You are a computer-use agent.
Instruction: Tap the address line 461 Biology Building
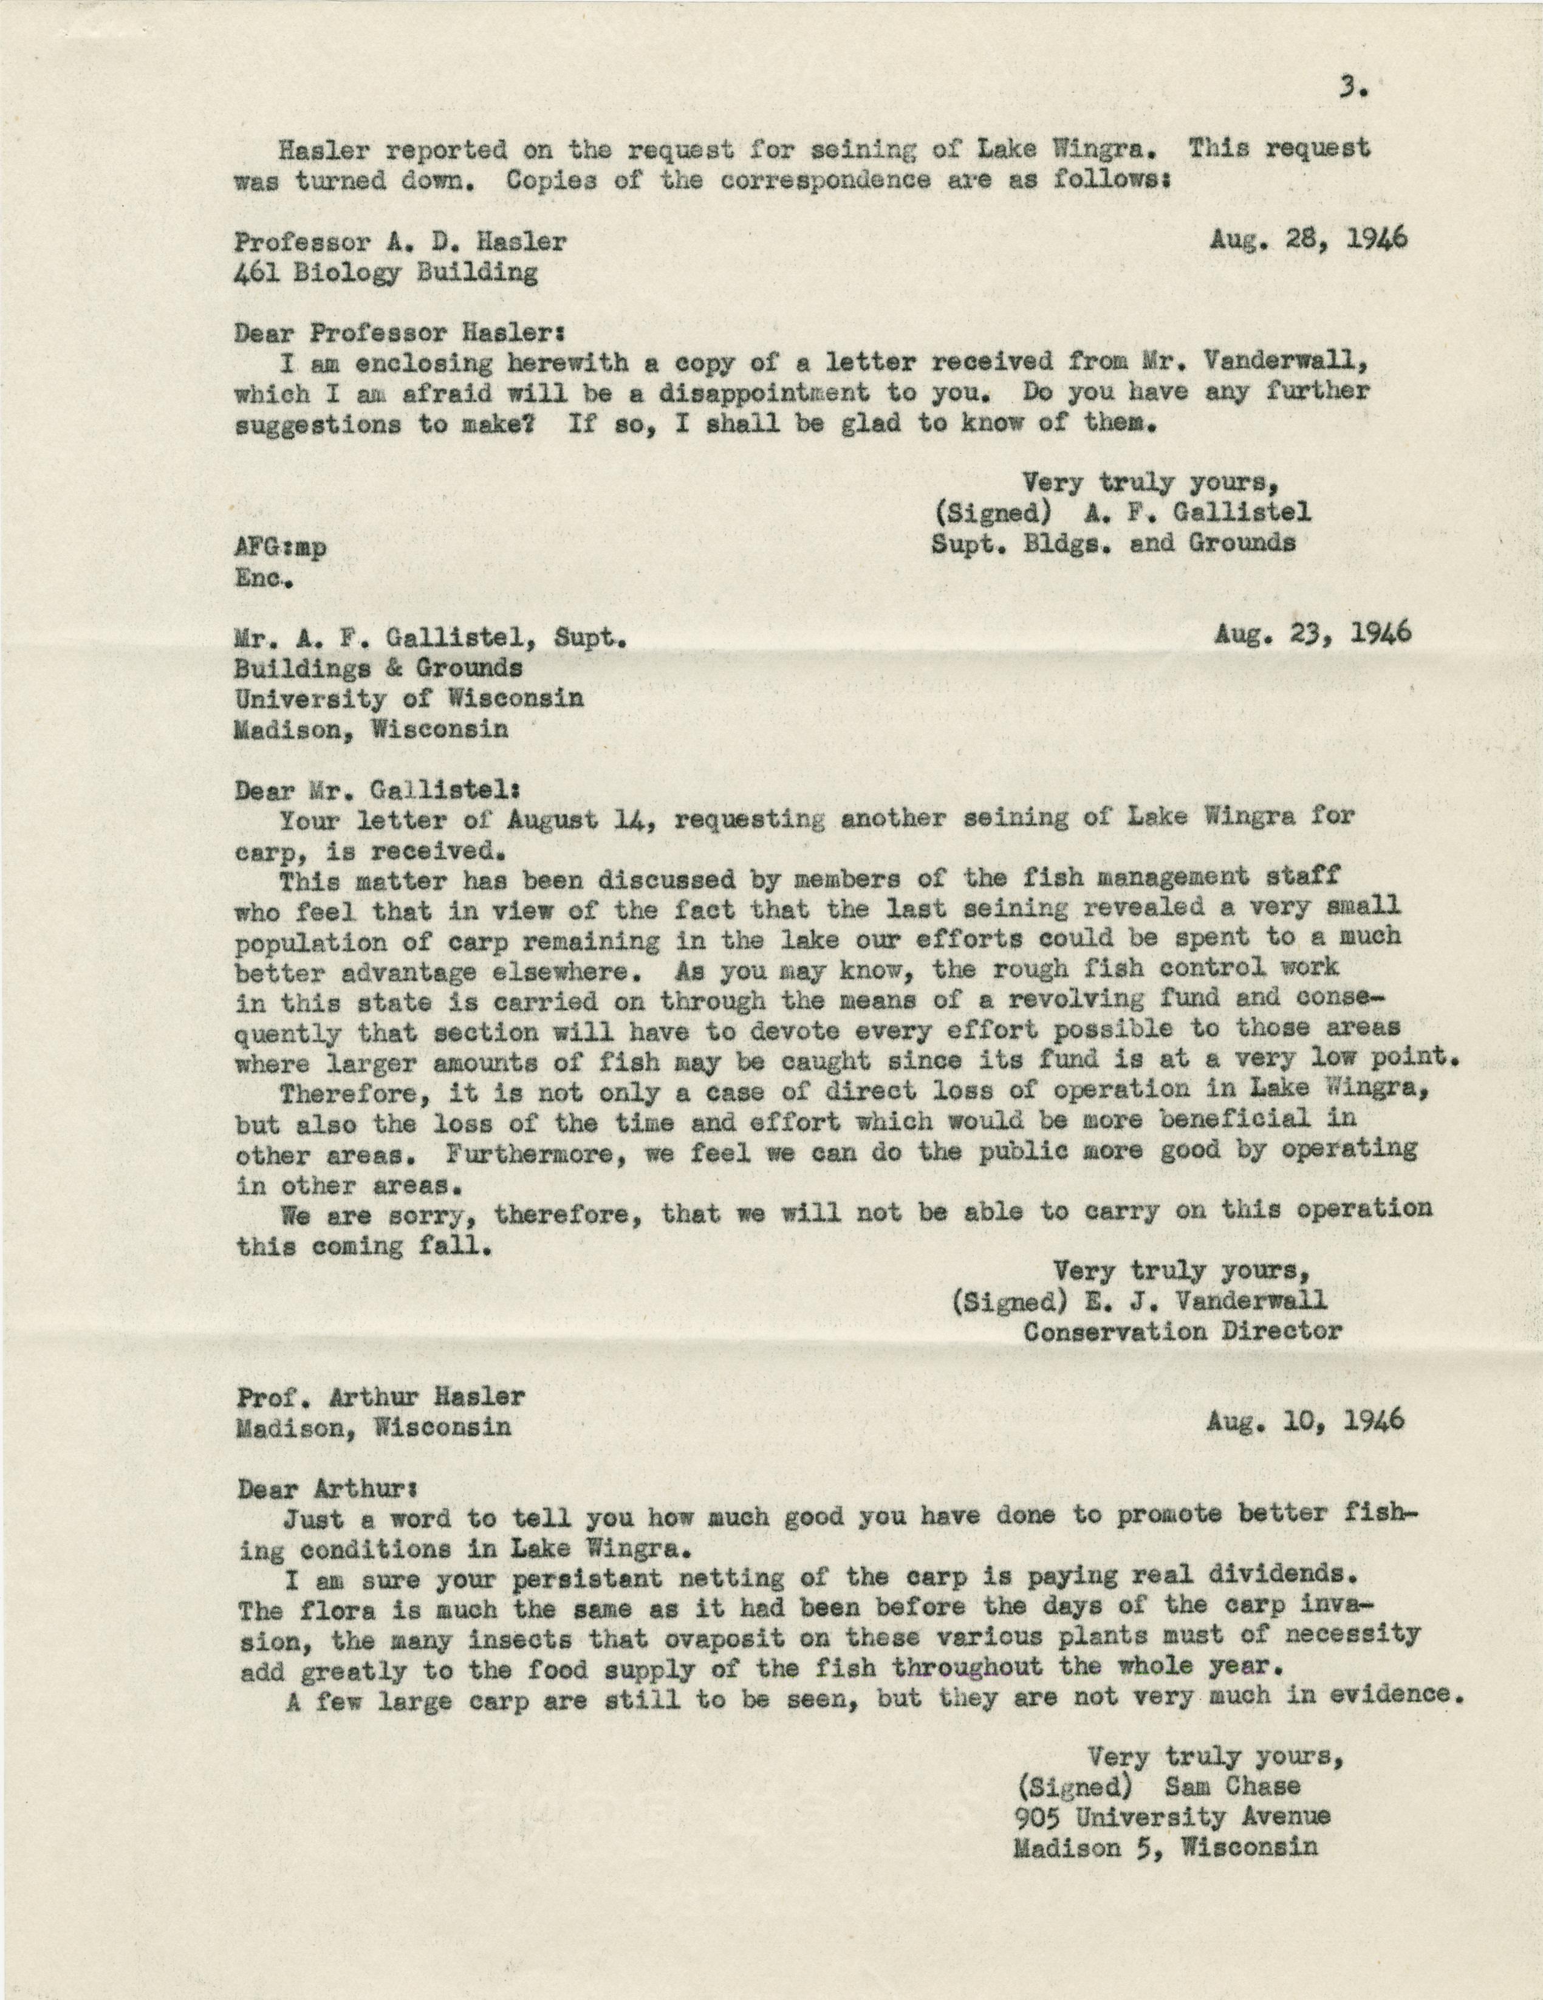386,272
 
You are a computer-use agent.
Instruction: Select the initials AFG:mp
279,546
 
